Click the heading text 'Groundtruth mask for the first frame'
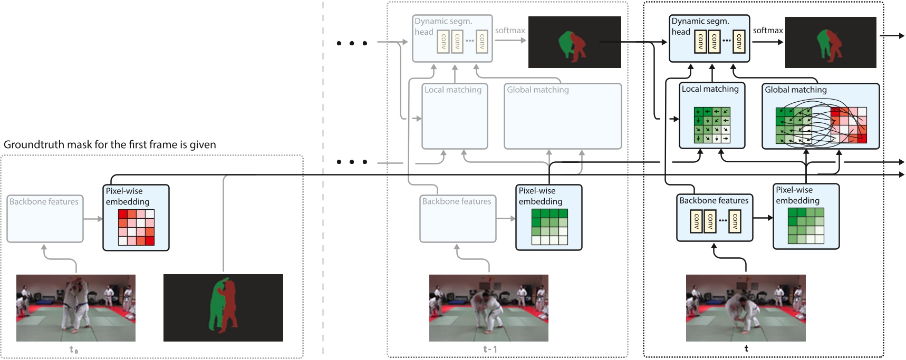click(110, 144)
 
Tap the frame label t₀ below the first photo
click(74, 349)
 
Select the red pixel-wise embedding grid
click(136, 227)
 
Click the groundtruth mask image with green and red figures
click(223, 307)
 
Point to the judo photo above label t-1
click(488, 307)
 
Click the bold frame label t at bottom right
click(746, 348)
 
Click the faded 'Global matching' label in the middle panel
click(537, 90)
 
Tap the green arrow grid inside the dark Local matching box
click(712, 125)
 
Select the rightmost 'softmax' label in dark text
click(767, 31)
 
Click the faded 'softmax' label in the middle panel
click(509, 31)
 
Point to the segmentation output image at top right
click(830, 42)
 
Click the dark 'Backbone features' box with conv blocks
click(714, 218)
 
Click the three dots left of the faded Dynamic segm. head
click(352, 43)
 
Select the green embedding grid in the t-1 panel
click(549, 227)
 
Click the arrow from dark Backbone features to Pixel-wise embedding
click(763, 218)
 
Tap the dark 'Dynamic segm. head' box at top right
click(709, 38)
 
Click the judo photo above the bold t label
click(745, 307)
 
